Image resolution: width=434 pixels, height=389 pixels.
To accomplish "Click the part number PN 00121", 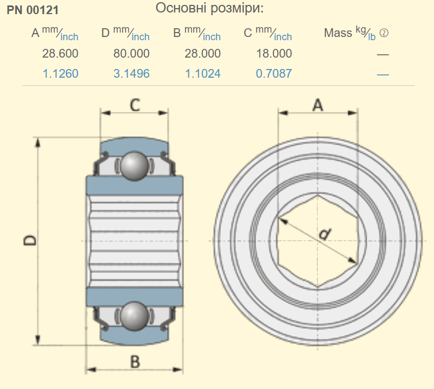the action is (x=33, y=10).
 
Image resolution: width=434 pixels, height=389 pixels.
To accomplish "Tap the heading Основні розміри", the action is (x=209, y=8).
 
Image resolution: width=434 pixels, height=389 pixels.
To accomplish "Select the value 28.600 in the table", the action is (x=60, y=53).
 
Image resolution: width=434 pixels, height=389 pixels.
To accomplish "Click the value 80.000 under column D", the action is (x=131, y=53).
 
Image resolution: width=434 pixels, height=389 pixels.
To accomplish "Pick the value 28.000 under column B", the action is (x=202, y=53).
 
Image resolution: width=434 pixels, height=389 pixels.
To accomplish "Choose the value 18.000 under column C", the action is (x=274, y=53).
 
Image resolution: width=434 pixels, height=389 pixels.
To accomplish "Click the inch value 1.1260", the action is (x=60, y=74).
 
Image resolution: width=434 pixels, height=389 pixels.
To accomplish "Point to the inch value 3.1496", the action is (x=131, y=74).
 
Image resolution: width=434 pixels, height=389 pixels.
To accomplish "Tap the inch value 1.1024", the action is (x=202, y=74).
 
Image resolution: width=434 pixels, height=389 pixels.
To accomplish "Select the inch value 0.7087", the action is (x=274, y=74).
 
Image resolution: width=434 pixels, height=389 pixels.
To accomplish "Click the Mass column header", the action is (x=350, y=33).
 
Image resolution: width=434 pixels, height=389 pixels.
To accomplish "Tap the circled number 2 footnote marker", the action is (x=384, y=33).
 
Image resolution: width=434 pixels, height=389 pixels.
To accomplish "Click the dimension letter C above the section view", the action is (x=135, y=105).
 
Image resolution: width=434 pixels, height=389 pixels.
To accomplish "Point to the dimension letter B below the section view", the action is (x=135, y=362).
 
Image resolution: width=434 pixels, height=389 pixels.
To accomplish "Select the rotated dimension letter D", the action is (x=30, y=240).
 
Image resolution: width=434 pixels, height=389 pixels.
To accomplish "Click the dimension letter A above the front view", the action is (x=318, y=105).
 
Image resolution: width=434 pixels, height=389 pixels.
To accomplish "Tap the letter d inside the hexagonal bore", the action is (x=324, y=234).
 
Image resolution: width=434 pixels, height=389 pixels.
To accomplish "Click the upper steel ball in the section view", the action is (x=135, y=166).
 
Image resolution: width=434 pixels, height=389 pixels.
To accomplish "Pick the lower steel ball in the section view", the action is (x=135, y=316).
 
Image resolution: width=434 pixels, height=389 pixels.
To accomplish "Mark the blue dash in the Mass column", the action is (x=383, y=74).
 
